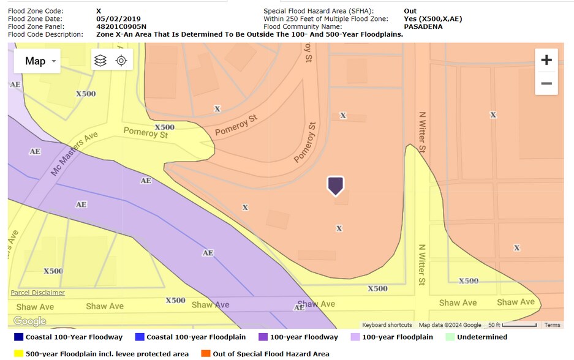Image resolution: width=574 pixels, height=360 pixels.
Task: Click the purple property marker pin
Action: coord(335,186)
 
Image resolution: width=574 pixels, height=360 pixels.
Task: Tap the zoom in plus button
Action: coord(546,60)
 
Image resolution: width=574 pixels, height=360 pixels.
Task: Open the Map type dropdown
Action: coord(37,61)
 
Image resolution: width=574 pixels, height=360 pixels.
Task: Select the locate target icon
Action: coord(121,61)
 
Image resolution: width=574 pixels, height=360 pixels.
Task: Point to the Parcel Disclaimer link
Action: coord(37,293)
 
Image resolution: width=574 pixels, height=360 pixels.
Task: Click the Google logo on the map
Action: coord(29,321)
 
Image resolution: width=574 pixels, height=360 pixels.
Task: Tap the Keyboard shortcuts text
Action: coord(387,325)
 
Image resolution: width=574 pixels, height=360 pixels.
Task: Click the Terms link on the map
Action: coord(552,325)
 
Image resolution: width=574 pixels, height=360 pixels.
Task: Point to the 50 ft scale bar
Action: coord(513,325)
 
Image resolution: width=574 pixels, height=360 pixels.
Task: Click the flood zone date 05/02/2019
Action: coord(118,19)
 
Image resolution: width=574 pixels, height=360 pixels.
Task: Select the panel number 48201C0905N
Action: coord(121,27)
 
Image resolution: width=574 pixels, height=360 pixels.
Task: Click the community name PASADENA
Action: coord(423,27)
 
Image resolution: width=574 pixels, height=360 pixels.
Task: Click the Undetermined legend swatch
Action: coord(451,337)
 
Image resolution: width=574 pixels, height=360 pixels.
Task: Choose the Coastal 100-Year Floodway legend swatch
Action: coord(18,337)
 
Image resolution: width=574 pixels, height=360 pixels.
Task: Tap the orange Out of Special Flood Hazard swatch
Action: coord(206,353)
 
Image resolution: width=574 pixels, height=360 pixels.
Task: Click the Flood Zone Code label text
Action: coord(36,11)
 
